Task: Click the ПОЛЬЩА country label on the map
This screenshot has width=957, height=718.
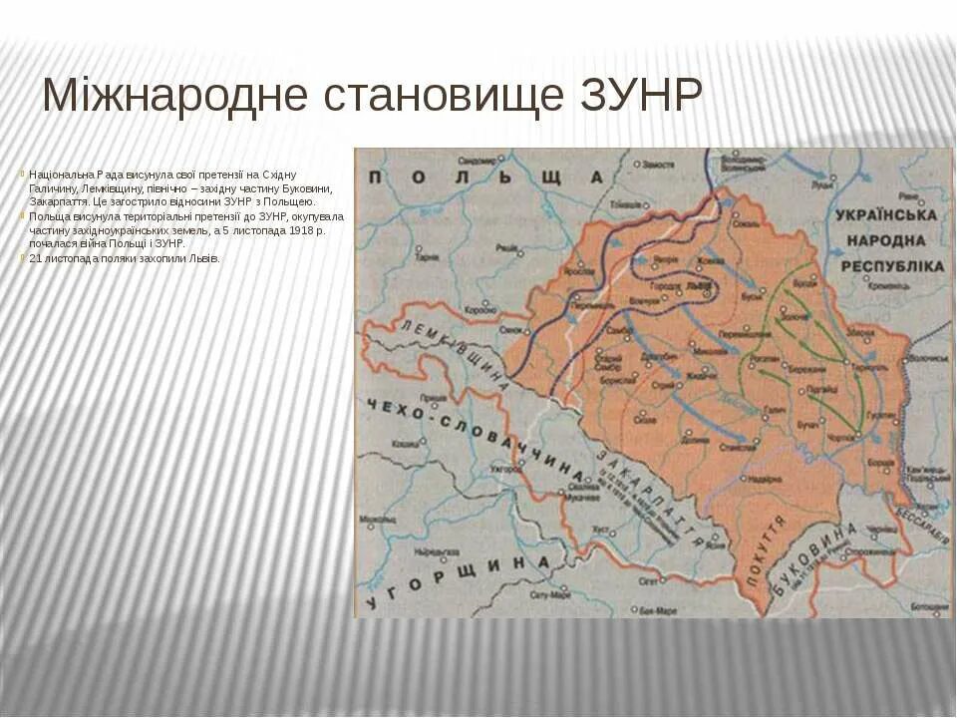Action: pyautogui.click(x=485, y=178)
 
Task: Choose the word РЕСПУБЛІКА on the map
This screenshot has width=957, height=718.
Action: pyautogui.click(x=892, y=266)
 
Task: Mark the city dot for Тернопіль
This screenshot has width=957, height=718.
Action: pyautogui.click(x=846, y=360)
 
